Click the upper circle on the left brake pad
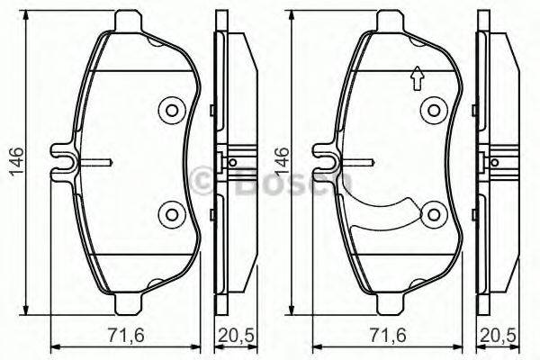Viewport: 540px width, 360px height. [171, 111]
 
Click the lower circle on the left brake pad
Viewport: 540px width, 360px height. [171, 213]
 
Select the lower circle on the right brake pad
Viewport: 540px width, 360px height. [434, 214]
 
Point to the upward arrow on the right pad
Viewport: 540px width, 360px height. [416, 80]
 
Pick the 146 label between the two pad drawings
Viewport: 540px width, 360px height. [286, 161]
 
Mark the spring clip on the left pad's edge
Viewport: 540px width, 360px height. [65, 161]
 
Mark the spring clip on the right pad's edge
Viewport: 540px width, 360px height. [326, 161]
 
